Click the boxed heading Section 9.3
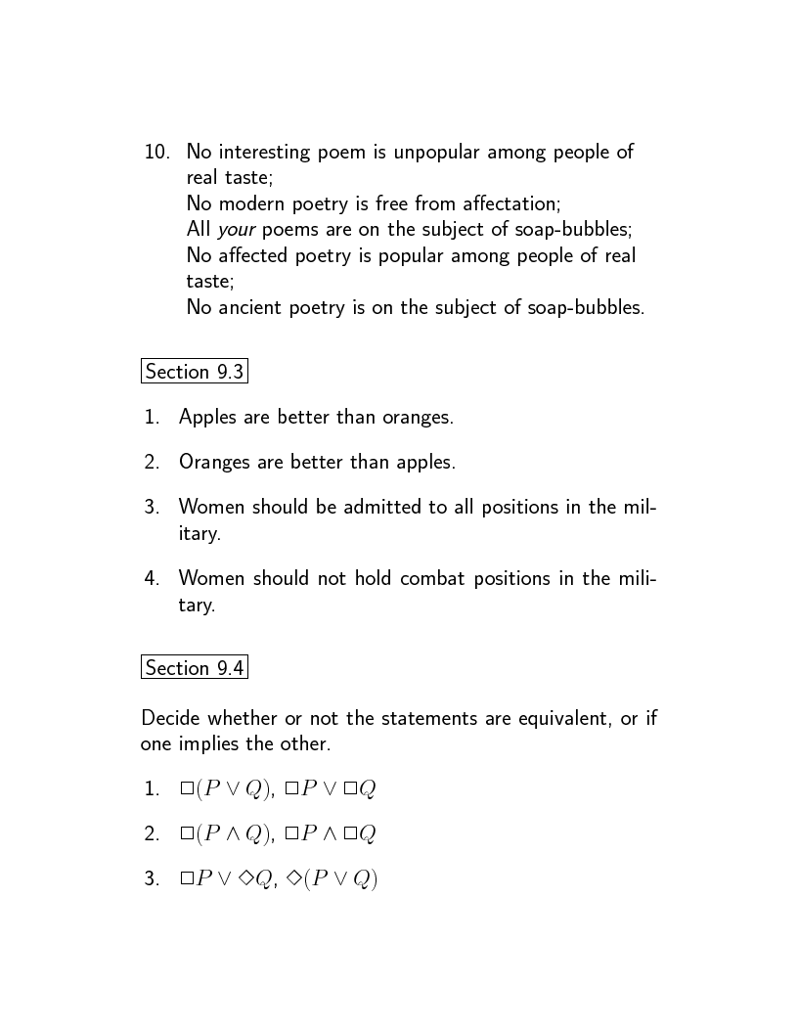(194, 372)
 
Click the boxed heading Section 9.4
(194, 668)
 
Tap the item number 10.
(157, 152)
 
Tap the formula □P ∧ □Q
(331, 833)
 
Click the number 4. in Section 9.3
(152, 578)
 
